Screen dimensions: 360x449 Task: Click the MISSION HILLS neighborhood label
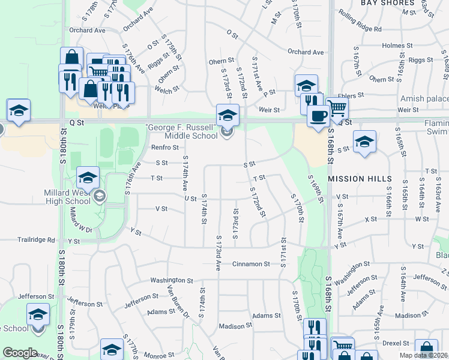(x=360, y=179)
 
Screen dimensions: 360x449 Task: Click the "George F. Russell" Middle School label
(x=181, y=131)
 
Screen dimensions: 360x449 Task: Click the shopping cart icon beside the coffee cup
(x=337, y=109)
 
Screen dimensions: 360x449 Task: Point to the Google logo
(x=20, y=353)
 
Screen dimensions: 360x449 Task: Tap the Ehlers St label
(x=351, y=95)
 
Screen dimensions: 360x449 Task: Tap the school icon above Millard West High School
(x=88, y=176)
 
